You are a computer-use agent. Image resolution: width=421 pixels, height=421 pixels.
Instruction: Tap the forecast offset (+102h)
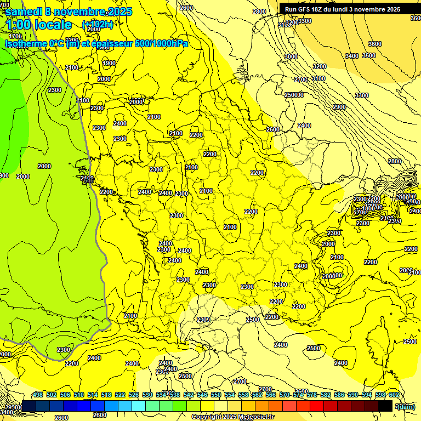tap(98, 24)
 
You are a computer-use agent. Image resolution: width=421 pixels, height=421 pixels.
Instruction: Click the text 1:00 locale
tap(38, 25)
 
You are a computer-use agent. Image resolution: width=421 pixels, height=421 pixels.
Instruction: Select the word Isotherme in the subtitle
tap(26, 44)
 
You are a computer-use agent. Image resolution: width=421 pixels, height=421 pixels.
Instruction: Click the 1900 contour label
tap(109, 63)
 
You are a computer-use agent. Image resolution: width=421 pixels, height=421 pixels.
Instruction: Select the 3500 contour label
tap(369, 55)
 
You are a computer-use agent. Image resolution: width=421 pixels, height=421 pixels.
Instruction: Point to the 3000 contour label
tap(291, 56)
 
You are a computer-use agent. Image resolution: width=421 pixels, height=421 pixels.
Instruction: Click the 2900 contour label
tap(339, 107)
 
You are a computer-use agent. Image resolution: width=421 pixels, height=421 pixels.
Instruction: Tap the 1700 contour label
tap(15, 36)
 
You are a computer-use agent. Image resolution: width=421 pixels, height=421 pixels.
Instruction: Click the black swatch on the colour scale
tap(385, 405)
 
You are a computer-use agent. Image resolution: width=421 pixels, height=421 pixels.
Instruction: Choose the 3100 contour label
tap(318, 78)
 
